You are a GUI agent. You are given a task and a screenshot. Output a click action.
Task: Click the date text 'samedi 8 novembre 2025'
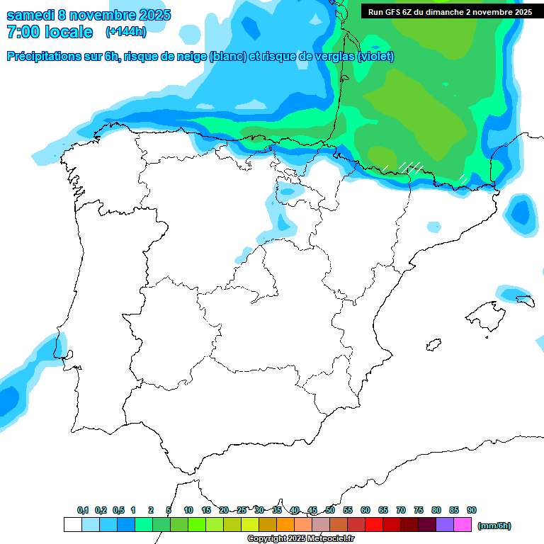coord(89,15)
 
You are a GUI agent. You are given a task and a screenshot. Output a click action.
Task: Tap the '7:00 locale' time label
coord(50,32)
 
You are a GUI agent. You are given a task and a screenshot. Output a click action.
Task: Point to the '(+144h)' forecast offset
coord(125,32)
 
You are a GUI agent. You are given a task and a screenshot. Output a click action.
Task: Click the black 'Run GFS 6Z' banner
coord(450,12)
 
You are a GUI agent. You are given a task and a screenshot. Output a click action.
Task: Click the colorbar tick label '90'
coord(472,510)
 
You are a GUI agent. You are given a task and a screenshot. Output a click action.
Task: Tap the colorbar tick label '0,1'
coord(83,510)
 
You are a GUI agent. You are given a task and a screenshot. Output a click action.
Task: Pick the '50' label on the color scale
coord(330,510)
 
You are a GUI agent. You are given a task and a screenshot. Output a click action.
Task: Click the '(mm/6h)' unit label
coord(494,526)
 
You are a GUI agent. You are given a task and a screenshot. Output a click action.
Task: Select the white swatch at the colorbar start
coord(72,525)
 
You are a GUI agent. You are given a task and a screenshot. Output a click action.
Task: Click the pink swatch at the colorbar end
coord(463,525)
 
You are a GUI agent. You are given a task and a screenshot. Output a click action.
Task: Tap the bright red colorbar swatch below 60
coord(374,525)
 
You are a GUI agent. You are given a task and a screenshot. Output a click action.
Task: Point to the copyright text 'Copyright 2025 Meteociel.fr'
coord(300,539)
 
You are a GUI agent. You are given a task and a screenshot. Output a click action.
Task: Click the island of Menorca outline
coord(524,300)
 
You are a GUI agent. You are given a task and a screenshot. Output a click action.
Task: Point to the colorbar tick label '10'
coord(188,510)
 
